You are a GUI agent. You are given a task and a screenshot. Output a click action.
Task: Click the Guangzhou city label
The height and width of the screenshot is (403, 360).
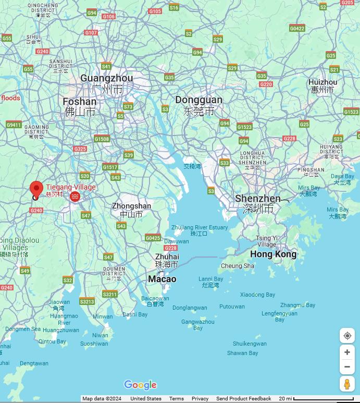tap(107, 79)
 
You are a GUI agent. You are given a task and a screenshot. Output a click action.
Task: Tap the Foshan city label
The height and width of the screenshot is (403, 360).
tap(79, 102)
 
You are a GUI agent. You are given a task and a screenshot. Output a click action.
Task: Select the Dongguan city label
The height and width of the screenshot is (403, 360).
tap(198, 100)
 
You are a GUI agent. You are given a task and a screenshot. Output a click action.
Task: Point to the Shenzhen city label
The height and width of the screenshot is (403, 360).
tap(257, 199)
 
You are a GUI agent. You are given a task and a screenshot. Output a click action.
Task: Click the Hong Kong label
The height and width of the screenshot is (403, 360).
tap(273, 254)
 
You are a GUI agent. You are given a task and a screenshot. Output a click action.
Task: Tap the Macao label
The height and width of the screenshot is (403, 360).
tap(162, 279)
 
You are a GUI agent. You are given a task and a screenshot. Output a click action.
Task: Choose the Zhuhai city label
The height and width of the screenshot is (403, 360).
tap(167, 257)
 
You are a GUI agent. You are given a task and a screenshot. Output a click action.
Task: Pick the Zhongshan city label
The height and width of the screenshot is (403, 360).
tap(131, 206)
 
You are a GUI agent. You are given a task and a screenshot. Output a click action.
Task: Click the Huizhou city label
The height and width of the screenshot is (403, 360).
tap(322, 82)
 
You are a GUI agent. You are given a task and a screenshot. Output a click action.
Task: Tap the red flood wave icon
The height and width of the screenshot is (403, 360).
tap(75, 197)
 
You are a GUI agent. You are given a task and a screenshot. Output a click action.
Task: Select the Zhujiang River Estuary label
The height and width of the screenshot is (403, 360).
tap(200, 228)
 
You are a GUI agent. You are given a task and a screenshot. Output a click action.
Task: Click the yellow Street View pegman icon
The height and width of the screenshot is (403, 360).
tap(347, 384)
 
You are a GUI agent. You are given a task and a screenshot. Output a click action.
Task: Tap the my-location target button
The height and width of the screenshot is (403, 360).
tap(347, 336)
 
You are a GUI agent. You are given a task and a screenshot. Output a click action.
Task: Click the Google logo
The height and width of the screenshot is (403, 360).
tap(140, 385)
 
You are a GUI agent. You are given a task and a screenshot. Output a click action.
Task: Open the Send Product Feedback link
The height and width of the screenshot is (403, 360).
tap(243, 399)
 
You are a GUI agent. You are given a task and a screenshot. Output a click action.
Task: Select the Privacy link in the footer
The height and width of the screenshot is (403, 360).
tap(200, 399)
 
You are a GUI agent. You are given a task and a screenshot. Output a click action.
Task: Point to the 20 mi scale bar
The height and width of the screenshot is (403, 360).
tap(324, 399)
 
